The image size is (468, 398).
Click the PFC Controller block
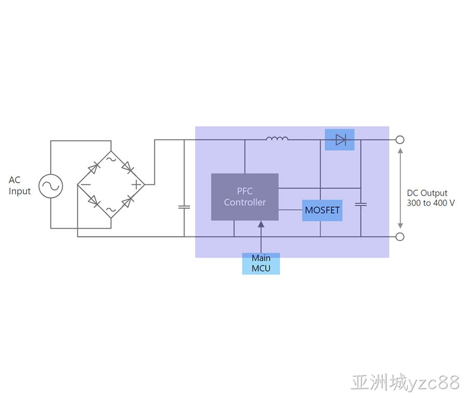[245, 197]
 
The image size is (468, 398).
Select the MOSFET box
[322, 210]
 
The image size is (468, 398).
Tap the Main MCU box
[261, 263]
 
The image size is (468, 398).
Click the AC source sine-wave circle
[51, 186]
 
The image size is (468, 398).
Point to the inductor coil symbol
[277, 138]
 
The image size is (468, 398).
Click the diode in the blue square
[341, 140]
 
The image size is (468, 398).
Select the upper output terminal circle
[400, 140]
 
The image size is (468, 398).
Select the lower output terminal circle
[400, 237]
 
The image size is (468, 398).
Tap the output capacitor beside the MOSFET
[360, 204]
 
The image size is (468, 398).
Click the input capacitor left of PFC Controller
[184, 207]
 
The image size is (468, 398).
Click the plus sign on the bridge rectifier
[136, 185]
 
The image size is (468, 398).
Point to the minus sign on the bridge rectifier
[86, 185]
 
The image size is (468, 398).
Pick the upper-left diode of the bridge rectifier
[94, 168]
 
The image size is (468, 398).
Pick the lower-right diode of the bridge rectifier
[127, 201]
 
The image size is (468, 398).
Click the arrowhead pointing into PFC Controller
[261, 224]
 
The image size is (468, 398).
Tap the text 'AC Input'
[19, 185]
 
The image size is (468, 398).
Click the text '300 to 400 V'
[431, 203]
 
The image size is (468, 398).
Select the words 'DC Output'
[427, 193]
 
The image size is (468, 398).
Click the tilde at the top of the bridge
[111, 159]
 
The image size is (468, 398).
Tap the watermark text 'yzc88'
[433, 382]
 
